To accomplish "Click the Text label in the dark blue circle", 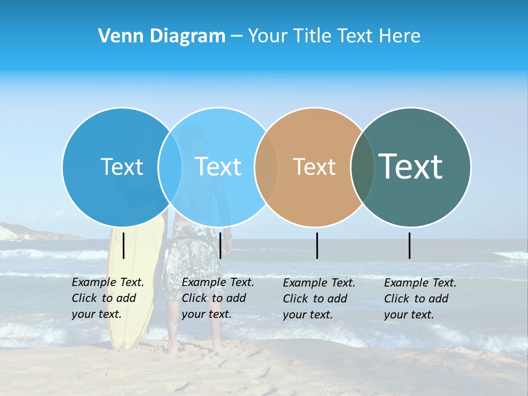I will tap(122, 167).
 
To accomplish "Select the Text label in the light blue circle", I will tap(218, 167).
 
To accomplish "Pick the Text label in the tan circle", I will tap(314, 167).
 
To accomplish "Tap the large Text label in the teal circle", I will tap(410, 166).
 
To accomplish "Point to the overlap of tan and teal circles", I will tap(362, 167).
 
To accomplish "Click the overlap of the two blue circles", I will tap(170, 167).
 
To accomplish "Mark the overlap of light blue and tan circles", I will tap(266, 167).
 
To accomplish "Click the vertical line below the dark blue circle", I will tap(124, 245).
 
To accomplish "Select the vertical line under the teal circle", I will tap(409, 245).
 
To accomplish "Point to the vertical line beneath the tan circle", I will tap(317, 245).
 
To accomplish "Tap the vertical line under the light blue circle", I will tap(220, 245).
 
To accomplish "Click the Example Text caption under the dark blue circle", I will tap(108, 298).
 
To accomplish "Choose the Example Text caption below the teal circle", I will tap(420, 299).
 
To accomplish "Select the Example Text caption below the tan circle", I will tap(319, 299).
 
